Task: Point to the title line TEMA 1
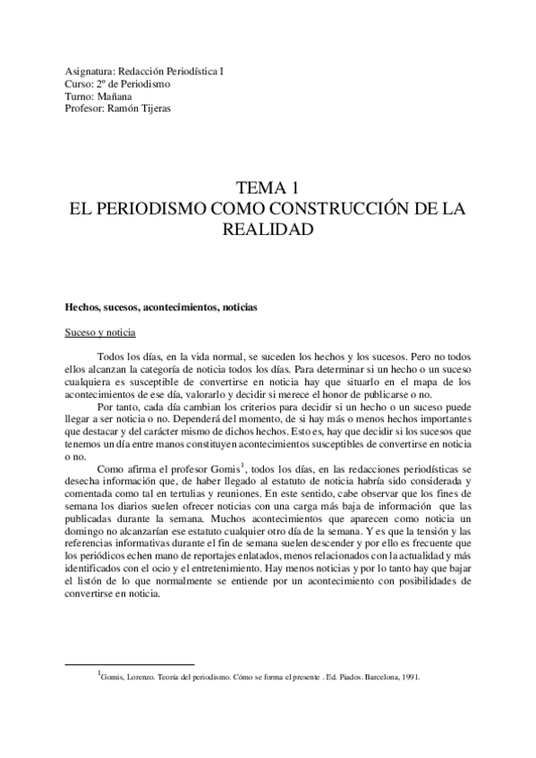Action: [267, 189]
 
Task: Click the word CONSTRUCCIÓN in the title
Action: [347, 210]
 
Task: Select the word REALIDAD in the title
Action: [267, 231]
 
